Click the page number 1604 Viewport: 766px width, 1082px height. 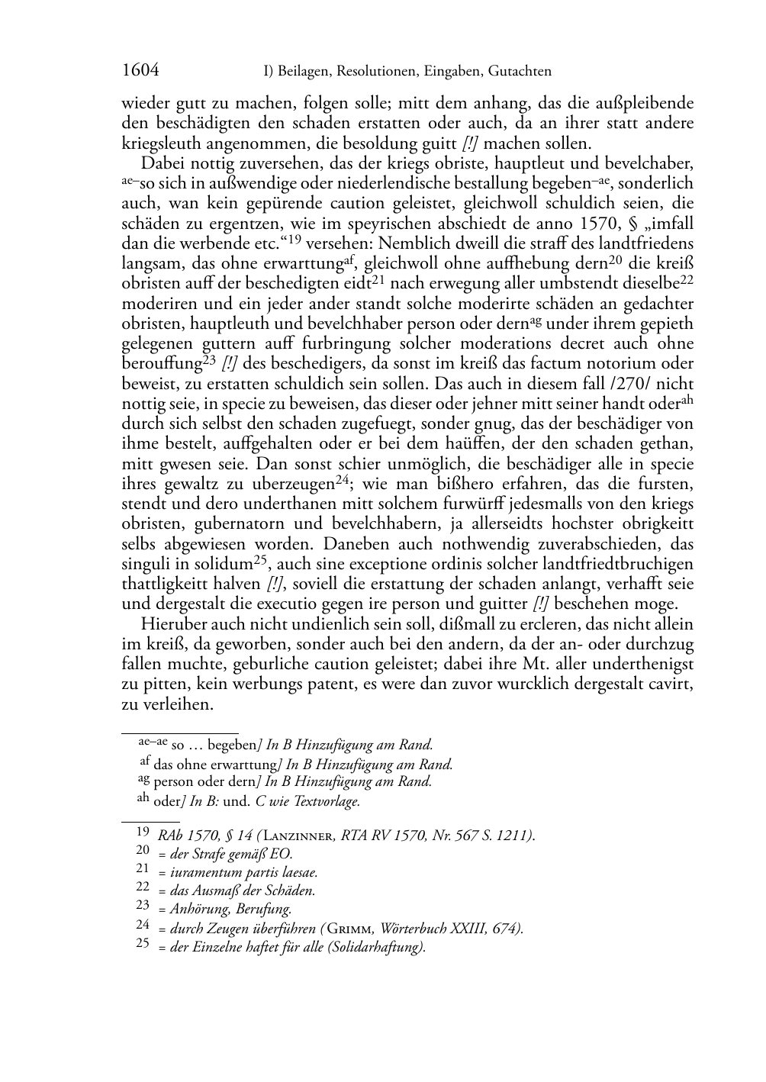tap(140, 71)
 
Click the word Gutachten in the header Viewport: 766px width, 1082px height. tap(518, 72)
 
